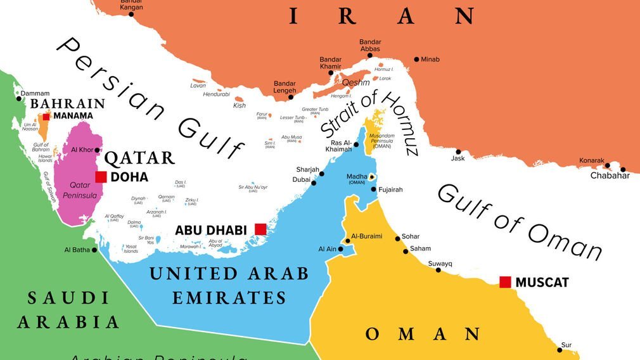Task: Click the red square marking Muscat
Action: tap(505, 282)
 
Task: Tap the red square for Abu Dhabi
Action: tap(260, 229)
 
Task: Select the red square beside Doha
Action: tap(101, 177)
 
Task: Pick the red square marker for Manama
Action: tap(46, 116)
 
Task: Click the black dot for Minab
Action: tap(416, 60)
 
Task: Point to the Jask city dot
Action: tap(458, 151)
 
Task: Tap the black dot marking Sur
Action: tap(560, 349)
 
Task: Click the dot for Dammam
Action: tap(18, 98)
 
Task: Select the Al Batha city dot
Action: tap(95, 250)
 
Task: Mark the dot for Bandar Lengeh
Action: tap(291, 97)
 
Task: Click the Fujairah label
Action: tap(390, 190)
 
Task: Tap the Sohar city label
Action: tap(411, 237)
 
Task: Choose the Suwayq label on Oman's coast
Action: tap(440, 263)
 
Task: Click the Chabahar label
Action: tap(610, 176)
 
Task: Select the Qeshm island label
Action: tap(355, 82)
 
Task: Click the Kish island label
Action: tap(239, 105)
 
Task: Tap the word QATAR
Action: tap(139, 158)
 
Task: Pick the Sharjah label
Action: tap(307, 169)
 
